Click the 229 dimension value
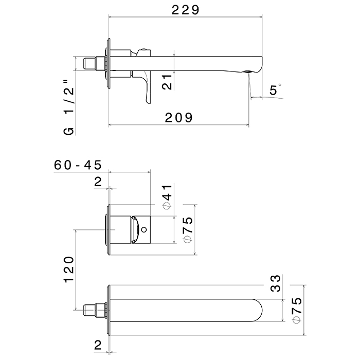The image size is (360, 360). [186, 10]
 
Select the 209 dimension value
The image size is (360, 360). [178, 118]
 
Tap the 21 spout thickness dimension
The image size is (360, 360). [167, 82]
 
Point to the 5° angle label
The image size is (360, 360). [275, 89]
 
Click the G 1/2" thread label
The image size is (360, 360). [69, 107]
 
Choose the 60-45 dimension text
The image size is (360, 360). [78, 165]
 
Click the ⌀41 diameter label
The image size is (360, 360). [167, 197]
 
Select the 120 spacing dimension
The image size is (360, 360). [69, 269]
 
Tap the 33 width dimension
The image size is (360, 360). [275, 283]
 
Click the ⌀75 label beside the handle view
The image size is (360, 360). [188, 229]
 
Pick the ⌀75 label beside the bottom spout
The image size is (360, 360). [297, 310]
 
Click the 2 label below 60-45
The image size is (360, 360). [98, 182]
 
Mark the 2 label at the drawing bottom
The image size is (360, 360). [98, 345]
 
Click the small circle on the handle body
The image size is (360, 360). [144, 229]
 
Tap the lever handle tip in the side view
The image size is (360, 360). [148, 101]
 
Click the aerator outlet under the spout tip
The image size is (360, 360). [248, 71]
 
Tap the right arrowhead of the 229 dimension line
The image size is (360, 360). [261, 17]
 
